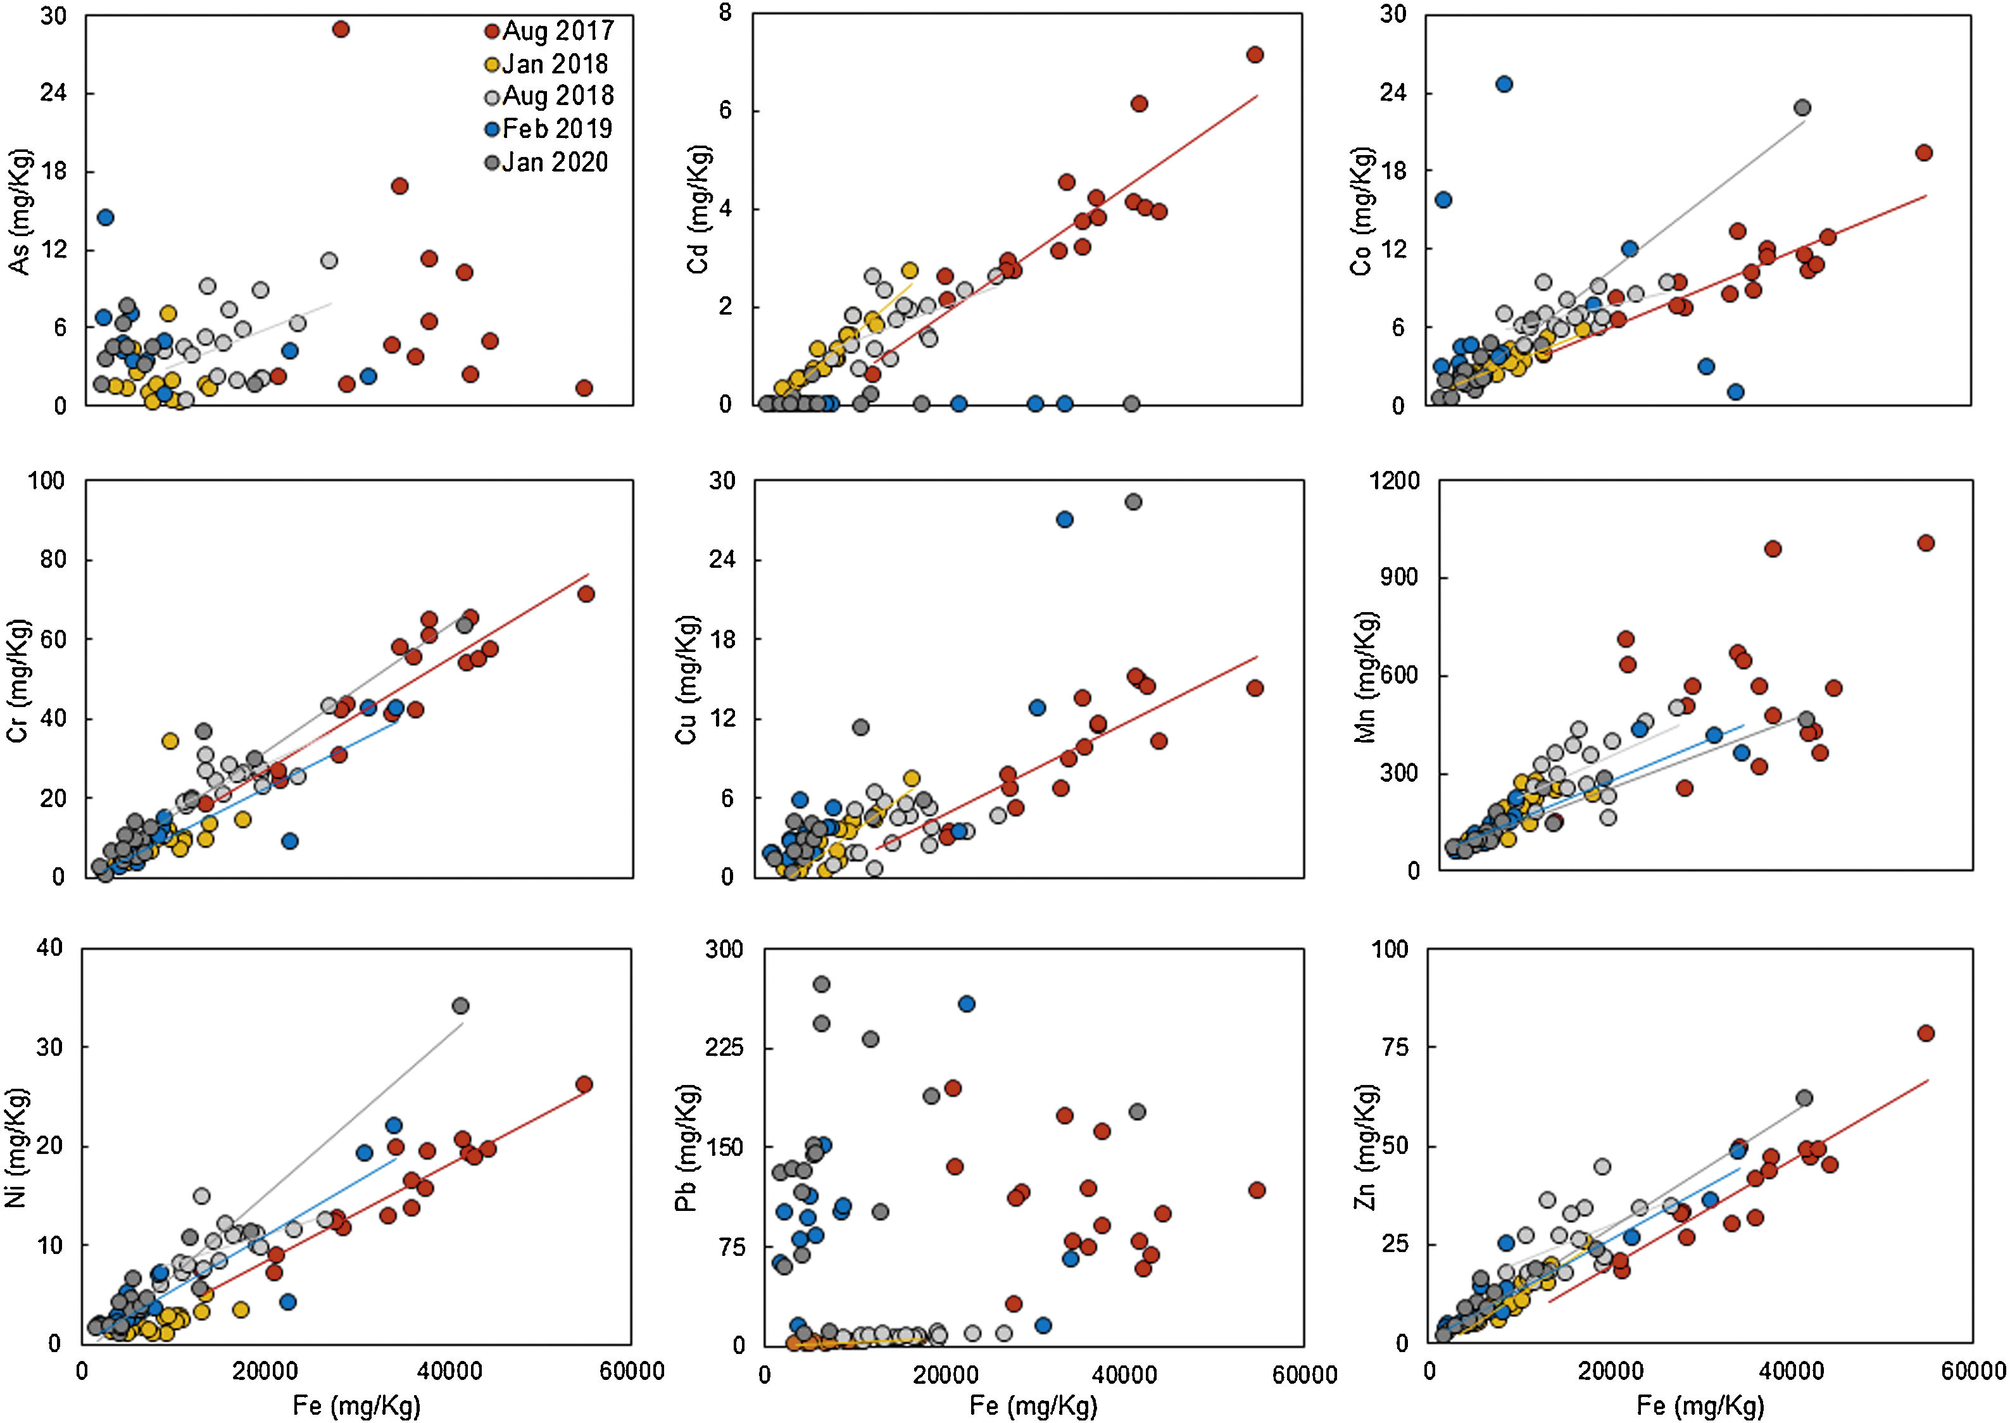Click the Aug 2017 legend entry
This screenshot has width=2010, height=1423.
[550, 30]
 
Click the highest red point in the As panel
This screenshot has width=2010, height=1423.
[341, 29]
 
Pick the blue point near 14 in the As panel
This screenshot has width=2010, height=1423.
[105, 217]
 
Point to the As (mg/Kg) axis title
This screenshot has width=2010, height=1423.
[19, 213]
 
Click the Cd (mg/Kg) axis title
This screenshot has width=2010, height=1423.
[698, 210]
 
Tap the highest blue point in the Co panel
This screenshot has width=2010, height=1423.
[1504, 84]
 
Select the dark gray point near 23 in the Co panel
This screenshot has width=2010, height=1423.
[1802, 108]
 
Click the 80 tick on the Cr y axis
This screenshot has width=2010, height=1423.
[53, 560]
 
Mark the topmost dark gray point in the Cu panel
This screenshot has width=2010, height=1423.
[1133, 502]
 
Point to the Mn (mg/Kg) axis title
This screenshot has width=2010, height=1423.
[1366, 677]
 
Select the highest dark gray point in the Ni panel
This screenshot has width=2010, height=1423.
[460, 1006]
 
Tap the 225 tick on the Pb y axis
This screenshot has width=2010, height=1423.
[724, 1048]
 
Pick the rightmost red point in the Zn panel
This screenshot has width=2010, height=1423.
[1925, 1033]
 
